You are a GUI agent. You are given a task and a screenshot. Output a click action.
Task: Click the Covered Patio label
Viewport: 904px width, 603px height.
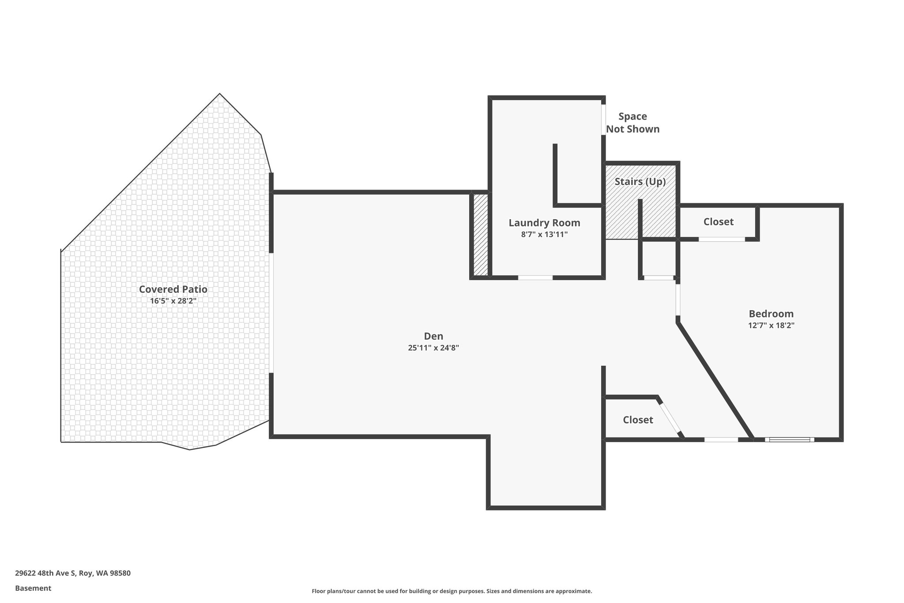tap(173, 289)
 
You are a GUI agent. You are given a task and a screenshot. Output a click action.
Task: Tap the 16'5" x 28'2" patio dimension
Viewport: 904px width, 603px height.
tap(173, 301)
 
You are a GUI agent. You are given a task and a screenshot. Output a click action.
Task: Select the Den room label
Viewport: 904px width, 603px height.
tap(433, 336)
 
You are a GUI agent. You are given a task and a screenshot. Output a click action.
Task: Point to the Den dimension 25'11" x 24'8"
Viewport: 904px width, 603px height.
tap(433, 348)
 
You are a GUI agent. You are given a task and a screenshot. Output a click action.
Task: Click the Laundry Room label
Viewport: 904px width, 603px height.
tap(544, 223)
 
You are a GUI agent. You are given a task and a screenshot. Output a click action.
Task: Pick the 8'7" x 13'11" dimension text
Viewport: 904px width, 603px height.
tap(544, 235)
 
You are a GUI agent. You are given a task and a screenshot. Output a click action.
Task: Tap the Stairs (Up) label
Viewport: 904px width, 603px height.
tap(640, 182)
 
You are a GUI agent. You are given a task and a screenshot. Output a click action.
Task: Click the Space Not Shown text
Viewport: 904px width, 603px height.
tap(633, 123)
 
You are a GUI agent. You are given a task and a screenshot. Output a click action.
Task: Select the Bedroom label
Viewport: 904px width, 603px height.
tap(771, 314)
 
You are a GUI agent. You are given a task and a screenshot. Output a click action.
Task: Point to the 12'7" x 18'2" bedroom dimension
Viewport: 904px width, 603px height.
tap(771, 326)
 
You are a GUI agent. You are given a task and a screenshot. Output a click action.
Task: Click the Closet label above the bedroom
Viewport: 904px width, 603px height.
tap(718, 222)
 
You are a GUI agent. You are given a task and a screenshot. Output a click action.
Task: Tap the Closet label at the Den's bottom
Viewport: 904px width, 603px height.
tap(638, 420)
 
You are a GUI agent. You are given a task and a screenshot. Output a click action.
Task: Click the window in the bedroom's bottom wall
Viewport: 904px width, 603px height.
tap(790, 440)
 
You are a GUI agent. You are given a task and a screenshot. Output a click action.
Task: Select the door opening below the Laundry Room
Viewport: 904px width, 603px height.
tap(535, 278)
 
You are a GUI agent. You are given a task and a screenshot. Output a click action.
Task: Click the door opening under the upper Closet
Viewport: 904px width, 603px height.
tap(722, 239)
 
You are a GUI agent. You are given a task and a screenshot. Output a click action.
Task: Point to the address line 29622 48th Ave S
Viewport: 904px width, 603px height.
tap(73, 573)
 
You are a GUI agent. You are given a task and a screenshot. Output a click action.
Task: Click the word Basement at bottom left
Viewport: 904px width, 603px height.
tap(33, 588)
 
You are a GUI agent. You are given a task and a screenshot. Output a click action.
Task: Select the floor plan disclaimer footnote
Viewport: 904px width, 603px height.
tap(452, 591)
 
